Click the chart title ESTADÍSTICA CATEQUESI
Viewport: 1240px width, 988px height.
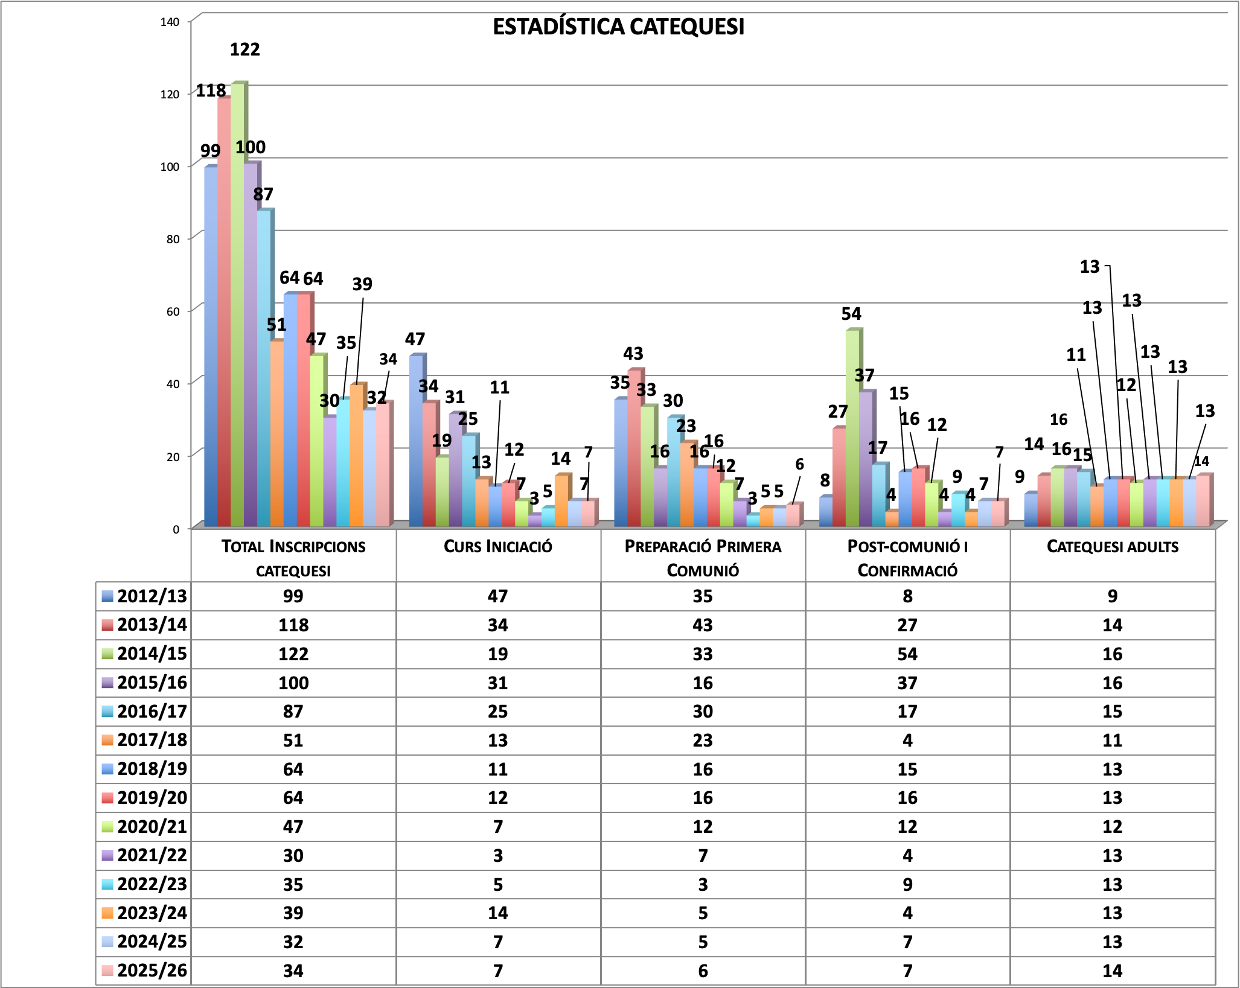pyautogui.click(x=618, y=27)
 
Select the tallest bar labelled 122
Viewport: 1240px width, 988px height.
pyautogui.click(x=237, y=302)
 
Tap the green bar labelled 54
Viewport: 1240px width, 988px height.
pyautogui.click(x=852, y=429)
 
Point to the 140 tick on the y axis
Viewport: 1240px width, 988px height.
pyautogui.click(x=170, y=22)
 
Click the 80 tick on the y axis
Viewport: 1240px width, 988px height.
pyautogui.click(x=173, y=239)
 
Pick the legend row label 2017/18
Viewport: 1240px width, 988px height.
pyautogui.click(x=152, y=740)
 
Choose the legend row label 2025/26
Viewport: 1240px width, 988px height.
pyautogui.click(x=152, y=970)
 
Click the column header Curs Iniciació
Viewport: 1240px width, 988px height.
pyautogui.click(x=498, y=547)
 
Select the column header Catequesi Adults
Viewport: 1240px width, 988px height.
pyautogui.click(x=1112, y=547)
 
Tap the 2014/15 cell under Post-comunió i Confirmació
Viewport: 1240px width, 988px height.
pyautogui.click(x=907, y=654)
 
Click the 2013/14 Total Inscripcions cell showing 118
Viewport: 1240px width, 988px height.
pyautogui.click(x=293, y=625)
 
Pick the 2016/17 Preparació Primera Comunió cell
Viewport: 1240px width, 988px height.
pyautogui.click(x=703, y=712)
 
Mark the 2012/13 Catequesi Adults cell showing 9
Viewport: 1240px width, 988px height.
pyautogui.click(x=1112, y=596)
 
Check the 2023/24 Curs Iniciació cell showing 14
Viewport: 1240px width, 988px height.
pyautogui.click(x=498, y=913)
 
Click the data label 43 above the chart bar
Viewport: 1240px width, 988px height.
pyautogui.click(x=633, y=353)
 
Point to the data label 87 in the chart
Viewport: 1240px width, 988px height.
pyautogui.click(x=263, y=194)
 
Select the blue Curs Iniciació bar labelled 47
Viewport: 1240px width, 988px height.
pyautogui.click(x=415, y=441)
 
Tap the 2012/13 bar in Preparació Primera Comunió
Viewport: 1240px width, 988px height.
pyautogui.click(x=621, y=462)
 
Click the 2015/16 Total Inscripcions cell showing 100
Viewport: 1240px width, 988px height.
pyautogui.click(x=293, y=683)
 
